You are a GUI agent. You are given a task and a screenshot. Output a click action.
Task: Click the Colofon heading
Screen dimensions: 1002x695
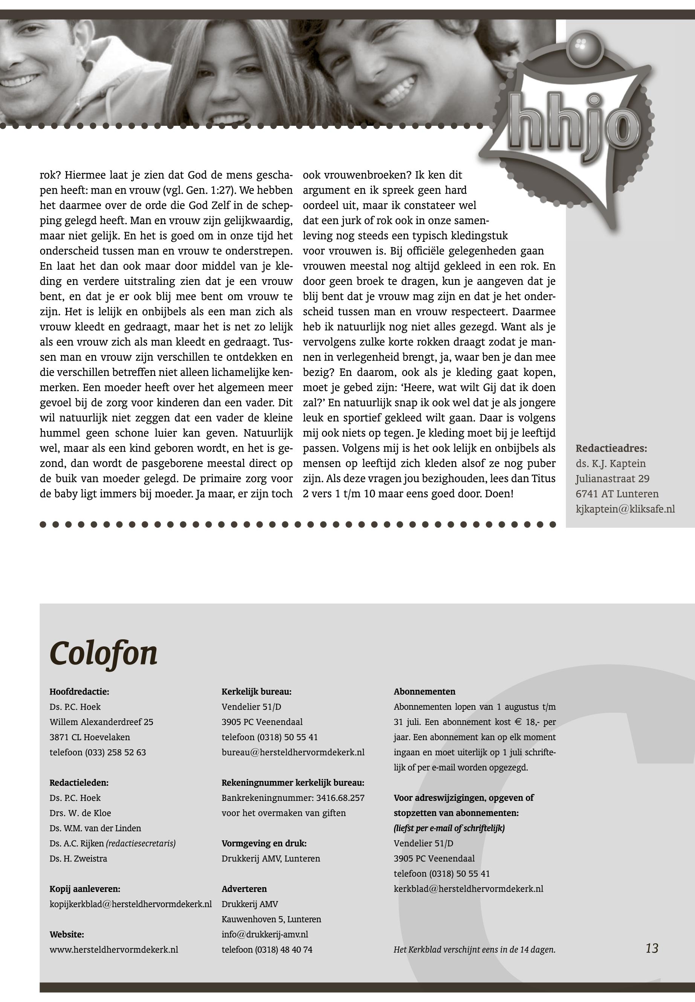tap(104, 653)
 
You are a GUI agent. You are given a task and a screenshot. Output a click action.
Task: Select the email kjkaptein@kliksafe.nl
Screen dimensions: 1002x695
tap(625, 509)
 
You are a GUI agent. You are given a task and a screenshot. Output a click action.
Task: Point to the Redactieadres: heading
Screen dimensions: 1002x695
tap(611, 448)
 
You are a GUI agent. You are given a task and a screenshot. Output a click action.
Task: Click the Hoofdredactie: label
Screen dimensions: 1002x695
tap(79, 692)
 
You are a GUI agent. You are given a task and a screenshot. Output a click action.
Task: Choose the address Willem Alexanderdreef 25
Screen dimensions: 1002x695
tap(101, 722)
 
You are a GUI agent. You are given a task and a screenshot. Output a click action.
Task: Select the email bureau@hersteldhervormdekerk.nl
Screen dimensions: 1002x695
tap(293, 753)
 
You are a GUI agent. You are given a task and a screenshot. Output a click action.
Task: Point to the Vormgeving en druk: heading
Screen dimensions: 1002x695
tap(264, 843)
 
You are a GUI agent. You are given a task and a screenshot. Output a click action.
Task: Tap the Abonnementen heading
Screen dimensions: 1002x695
tap(425, 692)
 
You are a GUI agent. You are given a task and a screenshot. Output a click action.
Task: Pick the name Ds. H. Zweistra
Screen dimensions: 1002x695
tap(78, 859)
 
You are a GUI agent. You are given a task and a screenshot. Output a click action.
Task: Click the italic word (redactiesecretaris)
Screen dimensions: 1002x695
tap(141, 843)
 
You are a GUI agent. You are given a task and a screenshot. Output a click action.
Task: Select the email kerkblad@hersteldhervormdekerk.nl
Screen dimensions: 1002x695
tap(468, 889)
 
